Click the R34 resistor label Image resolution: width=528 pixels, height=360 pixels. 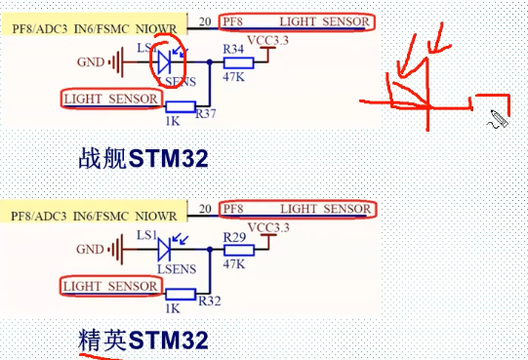click(233, 48)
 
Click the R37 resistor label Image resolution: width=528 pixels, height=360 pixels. click(206, 114)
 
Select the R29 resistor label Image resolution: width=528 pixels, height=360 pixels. click(233, 238)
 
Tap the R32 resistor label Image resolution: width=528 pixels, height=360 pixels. click(207, 301)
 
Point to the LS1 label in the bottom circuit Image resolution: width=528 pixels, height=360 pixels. click(146, 236)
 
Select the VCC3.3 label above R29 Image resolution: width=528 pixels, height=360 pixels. click(268, 228)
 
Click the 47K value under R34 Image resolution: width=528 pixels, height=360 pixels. click(234, 77)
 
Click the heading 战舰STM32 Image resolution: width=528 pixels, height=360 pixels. click(142, 158)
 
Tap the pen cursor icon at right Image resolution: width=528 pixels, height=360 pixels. click(499, 119)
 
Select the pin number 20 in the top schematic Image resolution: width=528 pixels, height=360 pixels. click(205, 20)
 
